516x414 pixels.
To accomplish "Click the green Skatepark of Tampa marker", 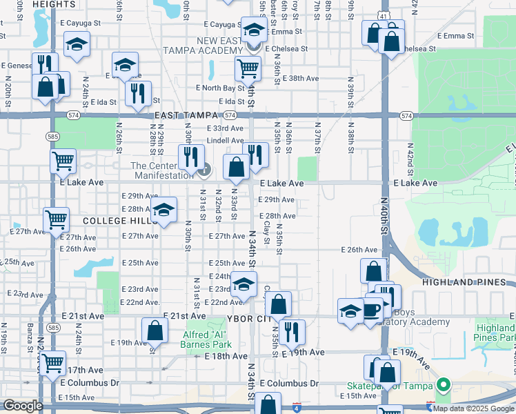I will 445,385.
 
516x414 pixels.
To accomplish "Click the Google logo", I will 23,406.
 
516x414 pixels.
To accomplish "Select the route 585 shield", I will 53,137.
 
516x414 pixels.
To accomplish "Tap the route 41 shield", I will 384,14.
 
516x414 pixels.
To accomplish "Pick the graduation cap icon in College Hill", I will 164,210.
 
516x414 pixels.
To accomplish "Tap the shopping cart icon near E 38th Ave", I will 247,68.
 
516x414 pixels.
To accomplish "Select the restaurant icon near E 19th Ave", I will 290,331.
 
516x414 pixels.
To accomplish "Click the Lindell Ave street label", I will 226,140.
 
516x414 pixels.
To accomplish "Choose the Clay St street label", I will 266,233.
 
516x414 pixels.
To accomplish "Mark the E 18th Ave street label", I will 226,356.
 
